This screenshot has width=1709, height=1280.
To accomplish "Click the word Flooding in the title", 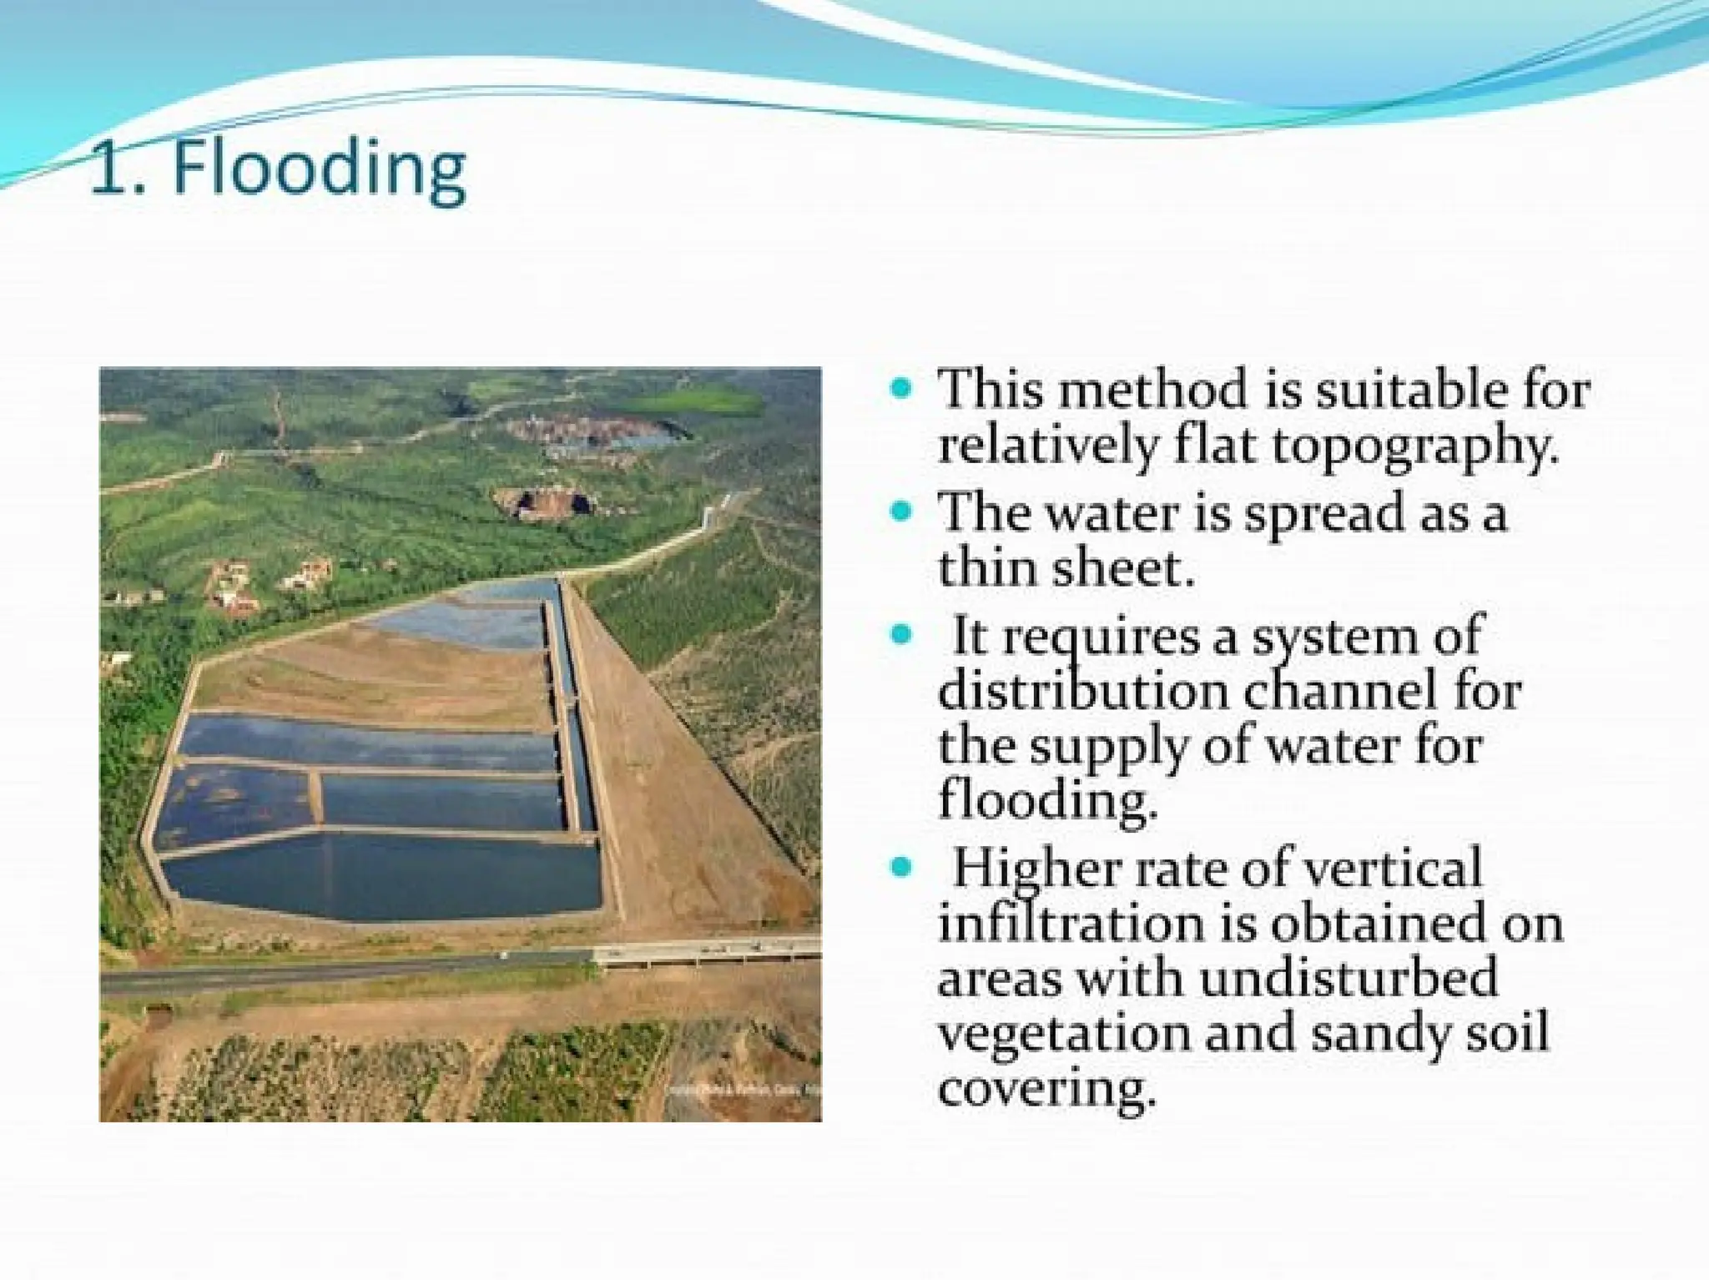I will tap(319, 171).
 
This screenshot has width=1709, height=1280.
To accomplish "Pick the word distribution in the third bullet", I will tap(1082, 691).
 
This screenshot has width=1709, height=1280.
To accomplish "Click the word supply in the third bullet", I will tap(1107, 748).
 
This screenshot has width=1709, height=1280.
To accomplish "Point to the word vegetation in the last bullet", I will tap(1064, 1033).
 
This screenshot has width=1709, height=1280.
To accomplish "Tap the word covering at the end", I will tap(1046, 1089).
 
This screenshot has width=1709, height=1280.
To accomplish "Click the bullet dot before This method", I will tap(900, 388).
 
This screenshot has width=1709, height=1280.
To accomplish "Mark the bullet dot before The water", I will tap(900, 511).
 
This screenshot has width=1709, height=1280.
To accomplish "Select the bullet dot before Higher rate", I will tap(900, 867).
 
